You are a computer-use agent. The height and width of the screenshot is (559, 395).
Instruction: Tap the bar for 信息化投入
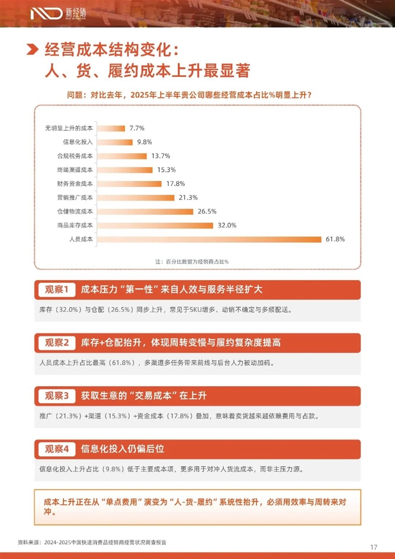click(115, 142)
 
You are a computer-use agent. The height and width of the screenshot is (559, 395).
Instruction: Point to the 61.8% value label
click(335, 239)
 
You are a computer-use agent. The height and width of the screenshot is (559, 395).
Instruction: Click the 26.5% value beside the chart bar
click(207, 212)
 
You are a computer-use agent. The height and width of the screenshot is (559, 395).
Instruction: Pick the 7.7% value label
click(137, 129)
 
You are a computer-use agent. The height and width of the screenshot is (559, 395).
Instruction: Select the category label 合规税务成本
click(75, 156)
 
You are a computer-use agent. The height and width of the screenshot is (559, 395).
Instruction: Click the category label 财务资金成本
click(75, 184)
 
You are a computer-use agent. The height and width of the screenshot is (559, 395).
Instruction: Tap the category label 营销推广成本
click(75, 198)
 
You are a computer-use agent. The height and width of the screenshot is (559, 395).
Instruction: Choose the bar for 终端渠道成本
click(124, 170)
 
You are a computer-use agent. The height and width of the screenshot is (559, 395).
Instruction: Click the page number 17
click(374, 547)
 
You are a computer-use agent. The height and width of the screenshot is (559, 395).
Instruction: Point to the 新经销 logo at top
click(54, 13)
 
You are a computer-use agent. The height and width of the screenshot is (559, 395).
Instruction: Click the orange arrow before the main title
click(32, 50)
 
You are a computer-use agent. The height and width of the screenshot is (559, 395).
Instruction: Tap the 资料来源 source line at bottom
click(92, 542)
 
